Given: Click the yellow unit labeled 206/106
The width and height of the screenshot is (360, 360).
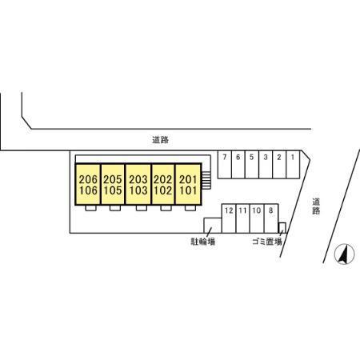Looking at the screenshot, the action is click(x=88, y=184).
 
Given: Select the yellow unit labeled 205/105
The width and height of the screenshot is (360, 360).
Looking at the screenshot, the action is click(x=113, y=184).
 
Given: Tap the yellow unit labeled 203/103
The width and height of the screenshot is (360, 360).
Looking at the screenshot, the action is click(x=138, y=184).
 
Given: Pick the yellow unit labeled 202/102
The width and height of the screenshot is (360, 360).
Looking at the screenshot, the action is click(x=163, y=184).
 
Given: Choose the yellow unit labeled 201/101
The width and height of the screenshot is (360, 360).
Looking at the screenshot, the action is click(x=188, y=184).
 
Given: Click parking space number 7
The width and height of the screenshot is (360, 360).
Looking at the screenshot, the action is click(x=225, y=165).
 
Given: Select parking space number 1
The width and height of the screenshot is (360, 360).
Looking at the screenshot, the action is click(x=293, y=165).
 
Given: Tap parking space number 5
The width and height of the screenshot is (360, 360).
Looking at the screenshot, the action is click(x=252, y=165).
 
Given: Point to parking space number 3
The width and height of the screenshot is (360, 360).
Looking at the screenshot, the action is click(x=266, y=165).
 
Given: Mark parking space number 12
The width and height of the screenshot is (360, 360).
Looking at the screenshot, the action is click(x=229, y=218).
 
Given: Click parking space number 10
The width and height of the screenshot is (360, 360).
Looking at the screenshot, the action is click(x=257, y=218).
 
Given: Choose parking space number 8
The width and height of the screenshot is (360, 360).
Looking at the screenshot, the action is click(x=271, y=218).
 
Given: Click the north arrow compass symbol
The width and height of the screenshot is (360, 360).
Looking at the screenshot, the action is click(x=344, y=254).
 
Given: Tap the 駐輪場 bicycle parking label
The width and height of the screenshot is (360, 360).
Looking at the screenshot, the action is click(x=203, y=242).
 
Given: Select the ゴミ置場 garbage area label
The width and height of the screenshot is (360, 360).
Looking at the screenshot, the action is click(x=267, y=242).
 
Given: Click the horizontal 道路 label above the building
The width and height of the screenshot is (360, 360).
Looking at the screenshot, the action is click(x=160, y=140).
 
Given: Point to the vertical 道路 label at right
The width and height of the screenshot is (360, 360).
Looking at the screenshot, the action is click(x=316, y=206).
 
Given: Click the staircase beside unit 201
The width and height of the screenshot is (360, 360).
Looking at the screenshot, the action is click(x=206, y=180).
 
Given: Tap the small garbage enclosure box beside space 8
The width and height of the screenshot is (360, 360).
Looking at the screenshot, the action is click(x=282, y=228).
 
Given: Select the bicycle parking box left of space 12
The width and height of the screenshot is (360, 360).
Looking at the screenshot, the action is click(x=213, y=226).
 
